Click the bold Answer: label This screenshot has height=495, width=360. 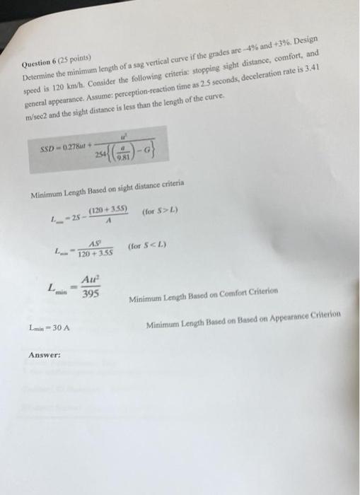tap(45, 354)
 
